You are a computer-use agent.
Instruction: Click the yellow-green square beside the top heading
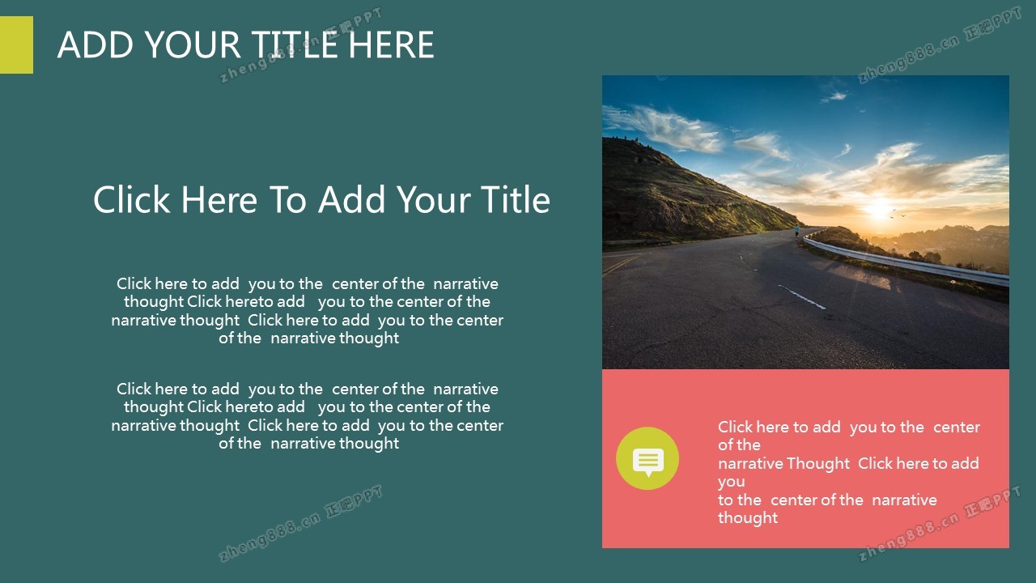pos(16,45)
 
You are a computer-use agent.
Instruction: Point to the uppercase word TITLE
pos(294,45)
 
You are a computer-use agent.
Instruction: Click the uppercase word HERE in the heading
pos(391,45)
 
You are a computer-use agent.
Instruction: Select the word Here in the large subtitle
pos(219,199)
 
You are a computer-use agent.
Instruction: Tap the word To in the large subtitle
pos(287,199)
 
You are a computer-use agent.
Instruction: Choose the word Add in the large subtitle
pos(351,199)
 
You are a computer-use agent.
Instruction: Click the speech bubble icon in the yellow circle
pos(648,462)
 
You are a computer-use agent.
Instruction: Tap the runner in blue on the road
pos(797,231)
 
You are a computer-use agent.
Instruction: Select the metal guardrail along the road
pos(906,260)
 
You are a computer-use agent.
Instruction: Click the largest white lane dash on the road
pos(803,297)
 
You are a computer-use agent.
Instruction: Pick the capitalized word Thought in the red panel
pos(818,464)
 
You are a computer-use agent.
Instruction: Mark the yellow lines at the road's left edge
pos(621,264)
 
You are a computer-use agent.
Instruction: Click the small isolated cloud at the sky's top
pos(834,96)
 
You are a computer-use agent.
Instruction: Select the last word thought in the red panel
pos(747,518)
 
